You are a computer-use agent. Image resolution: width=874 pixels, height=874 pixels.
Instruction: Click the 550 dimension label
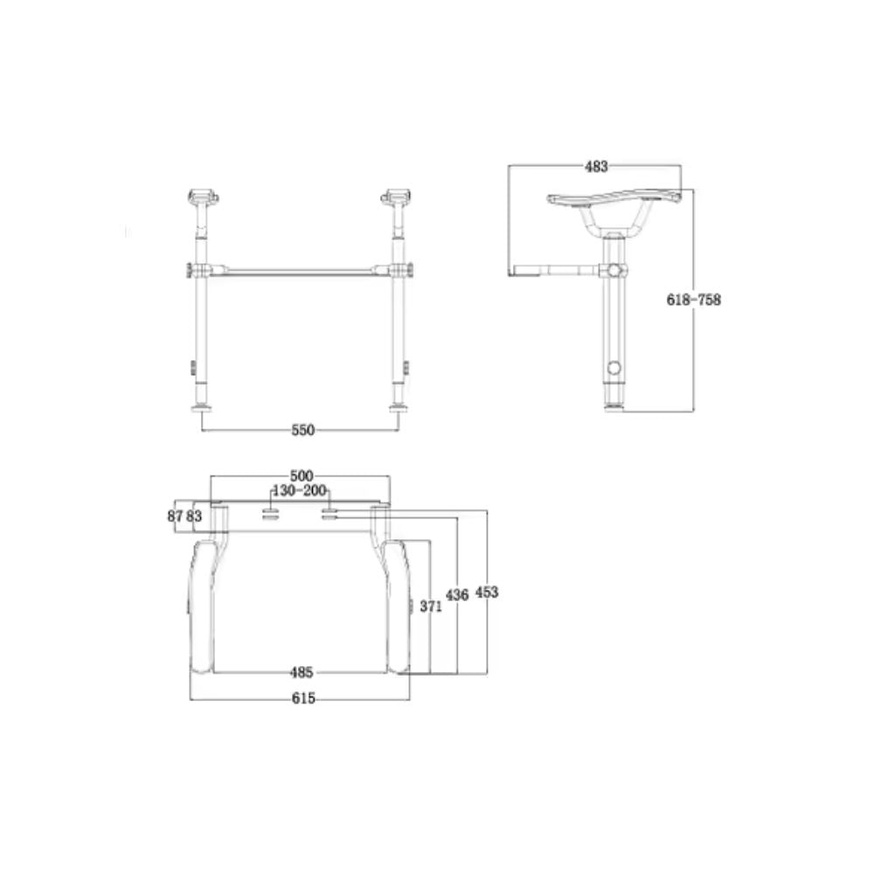tap(302, 430)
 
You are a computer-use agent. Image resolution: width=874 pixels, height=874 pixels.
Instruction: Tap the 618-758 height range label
tap(693, 299)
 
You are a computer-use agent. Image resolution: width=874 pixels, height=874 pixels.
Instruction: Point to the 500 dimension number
tap(301, 475)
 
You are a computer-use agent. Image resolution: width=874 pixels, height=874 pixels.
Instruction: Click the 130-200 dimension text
tap(301, 491)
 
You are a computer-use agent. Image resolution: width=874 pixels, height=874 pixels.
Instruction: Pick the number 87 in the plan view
tap(175, 517)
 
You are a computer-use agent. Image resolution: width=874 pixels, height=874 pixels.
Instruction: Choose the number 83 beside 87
tap(194, 517)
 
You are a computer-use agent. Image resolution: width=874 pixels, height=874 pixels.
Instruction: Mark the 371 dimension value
tap(429, 607)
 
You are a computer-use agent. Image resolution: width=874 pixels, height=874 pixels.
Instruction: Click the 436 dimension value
tap(457, 594)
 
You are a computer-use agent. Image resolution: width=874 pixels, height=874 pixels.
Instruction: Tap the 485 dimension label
tap(301, 673)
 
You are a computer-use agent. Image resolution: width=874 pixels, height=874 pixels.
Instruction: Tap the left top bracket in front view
tap(202, 195)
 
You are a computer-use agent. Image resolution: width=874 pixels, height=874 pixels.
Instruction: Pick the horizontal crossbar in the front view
tap(301, 270)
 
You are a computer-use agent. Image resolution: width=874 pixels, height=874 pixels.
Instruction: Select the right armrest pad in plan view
tap(400, 607)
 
